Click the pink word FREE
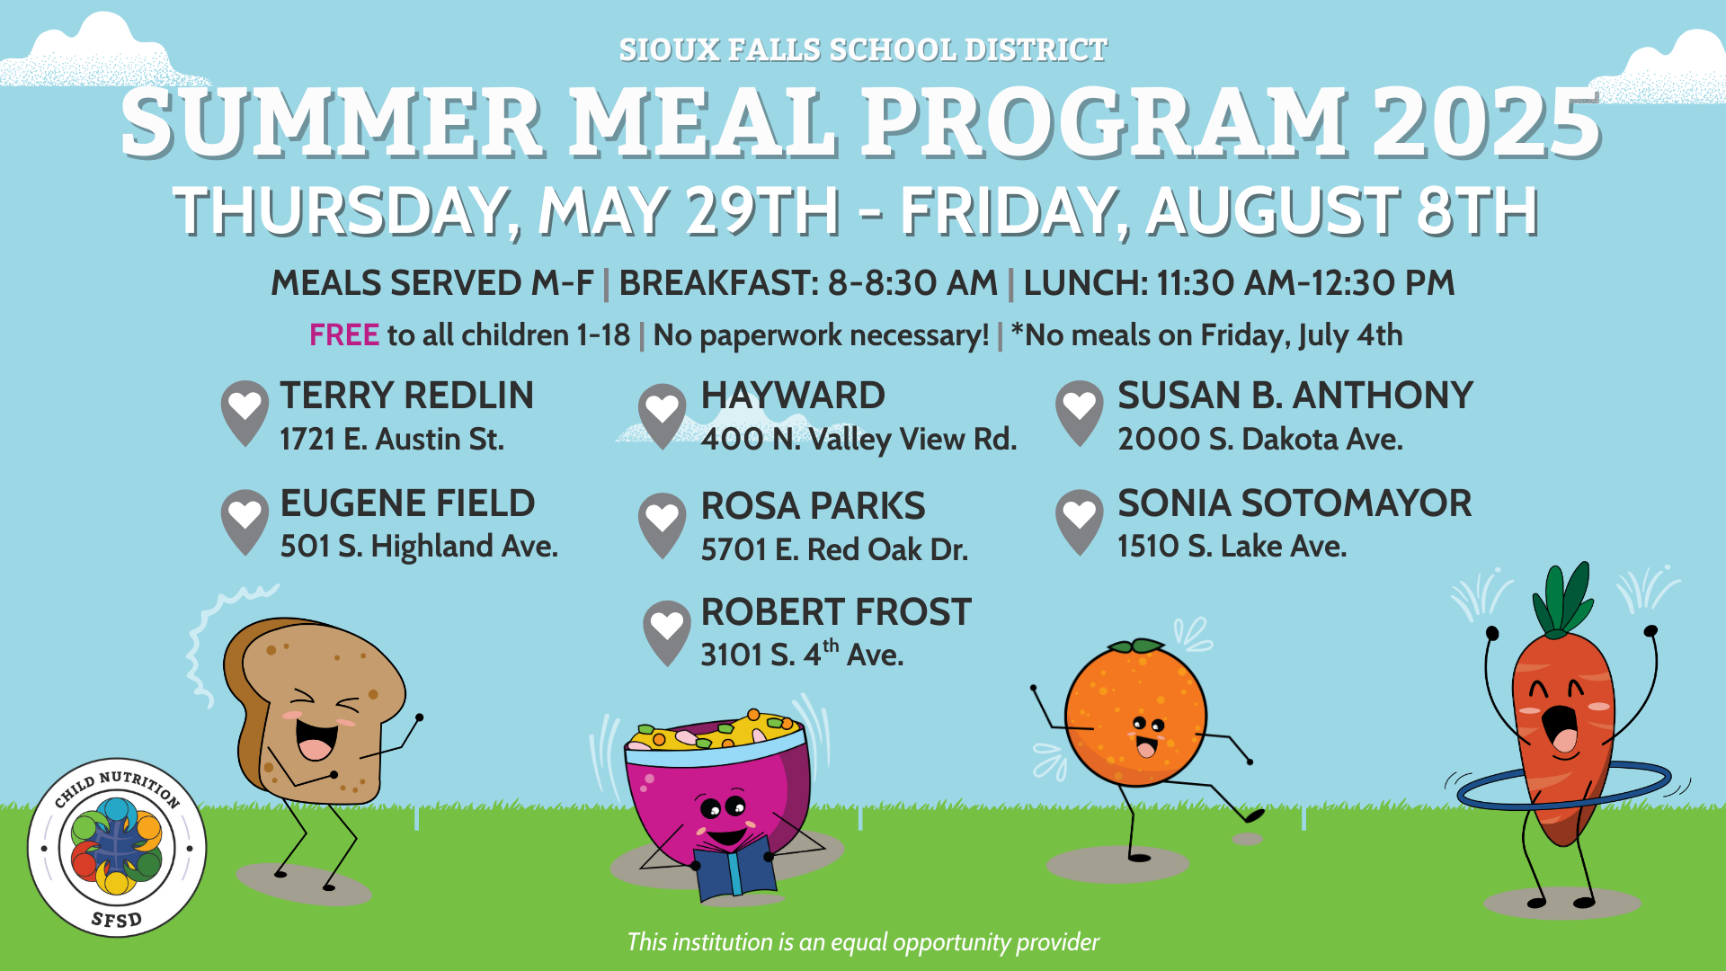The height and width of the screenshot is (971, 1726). tap(344, 335)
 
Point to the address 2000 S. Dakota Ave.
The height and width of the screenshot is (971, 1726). tap(1259, 439)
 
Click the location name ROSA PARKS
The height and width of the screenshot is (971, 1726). tap(813, 506)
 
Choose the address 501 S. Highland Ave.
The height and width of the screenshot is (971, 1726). tap(419, 547)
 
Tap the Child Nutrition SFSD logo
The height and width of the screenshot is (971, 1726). tap(117, 848)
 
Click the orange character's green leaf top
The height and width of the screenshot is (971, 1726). tap(1136, 646)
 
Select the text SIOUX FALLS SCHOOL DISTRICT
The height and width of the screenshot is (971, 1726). tap(863, 50)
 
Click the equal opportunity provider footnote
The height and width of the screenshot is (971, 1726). tap(863, 942)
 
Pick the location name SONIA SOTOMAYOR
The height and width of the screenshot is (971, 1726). tap(1294, 503)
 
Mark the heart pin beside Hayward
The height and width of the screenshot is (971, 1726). tap(662, 416)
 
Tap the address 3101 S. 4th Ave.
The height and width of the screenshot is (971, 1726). tap(802, 654)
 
